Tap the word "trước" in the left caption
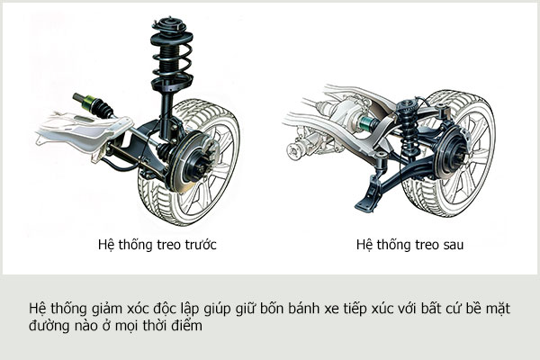(200, 244)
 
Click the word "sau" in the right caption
(453, 244)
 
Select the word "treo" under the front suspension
(166, 244)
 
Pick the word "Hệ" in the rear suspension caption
(364, 244)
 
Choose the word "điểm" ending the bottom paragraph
(189, 328)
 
